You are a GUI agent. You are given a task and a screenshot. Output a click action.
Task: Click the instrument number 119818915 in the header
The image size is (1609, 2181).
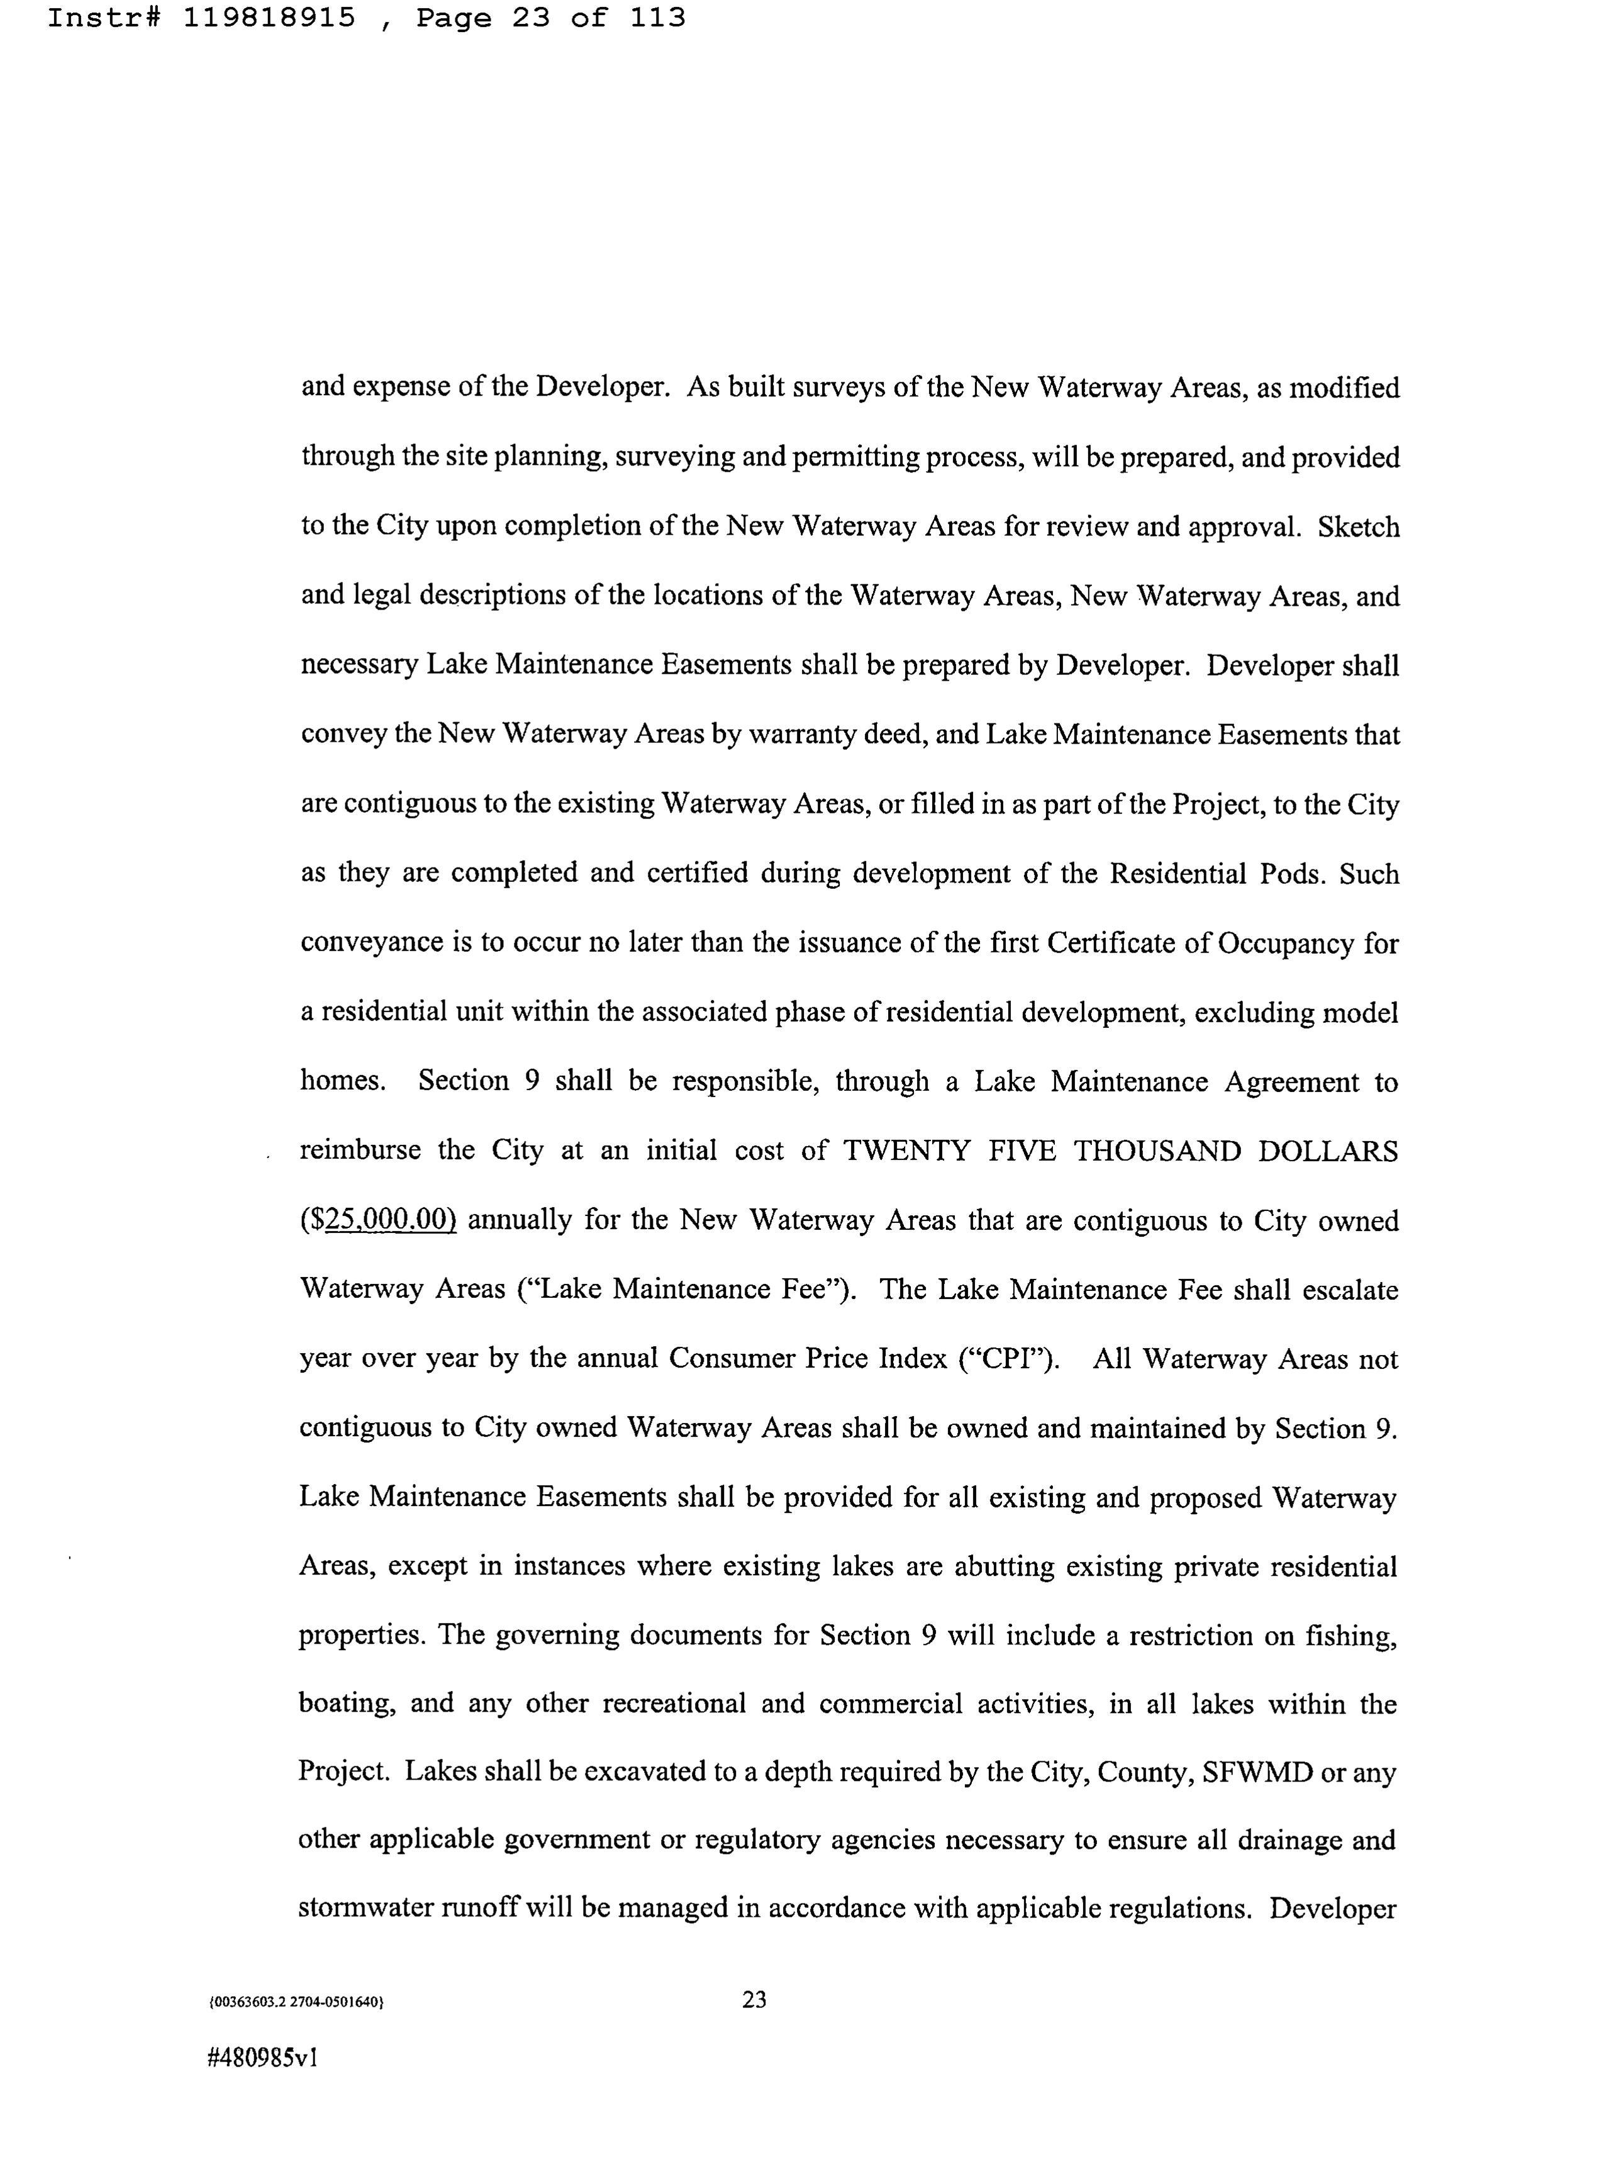[x=269, y=18]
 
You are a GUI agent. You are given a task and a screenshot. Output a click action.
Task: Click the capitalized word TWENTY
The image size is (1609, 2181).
[x=906, y=1151]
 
